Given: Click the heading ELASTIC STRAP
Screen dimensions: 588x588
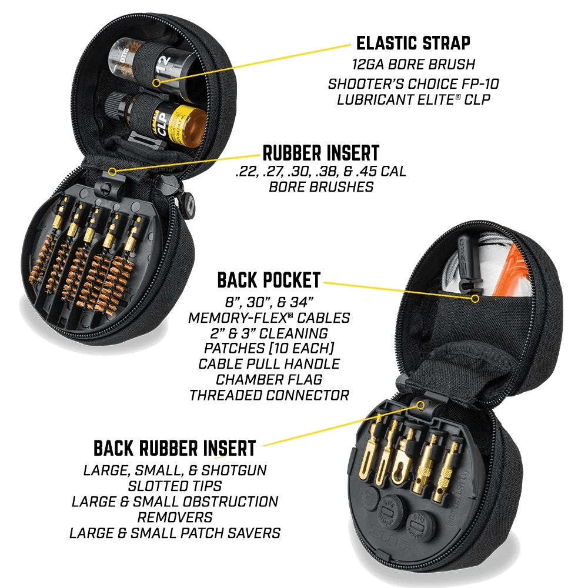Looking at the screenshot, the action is click(413, 43).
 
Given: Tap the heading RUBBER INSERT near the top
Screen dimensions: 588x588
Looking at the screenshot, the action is click(320, 153).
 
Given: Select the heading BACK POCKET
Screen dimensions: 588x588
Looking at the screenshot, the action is click(269, 280).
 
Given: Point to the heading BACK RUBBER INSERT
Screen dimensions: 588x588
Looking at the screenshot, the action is click(175, 448).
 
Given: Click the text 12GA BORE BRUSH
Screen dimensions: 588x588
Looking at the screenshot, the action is click(413, 65).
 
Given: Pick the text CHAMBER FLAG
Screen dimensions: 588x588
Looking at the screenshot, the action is click(269, 379).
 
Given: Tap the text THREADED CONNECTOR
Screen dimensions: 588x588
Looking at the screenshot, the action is click(269, 395).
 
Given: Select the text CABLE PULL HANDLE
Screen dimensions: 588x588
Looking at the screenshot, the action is click(269, 364).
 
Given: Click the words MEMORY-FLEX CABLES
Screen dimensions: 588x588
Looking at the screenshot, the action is click(269, 318).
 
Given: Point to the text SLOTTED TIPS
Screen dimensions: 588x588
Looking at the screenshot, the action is click(175, 486).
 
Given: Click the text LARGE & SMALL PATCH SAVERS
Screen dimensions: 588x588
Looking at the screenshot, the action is click(175, 533).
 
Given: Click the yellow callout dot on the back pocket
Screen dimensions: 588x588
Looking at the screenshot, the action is click(475, 299).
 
